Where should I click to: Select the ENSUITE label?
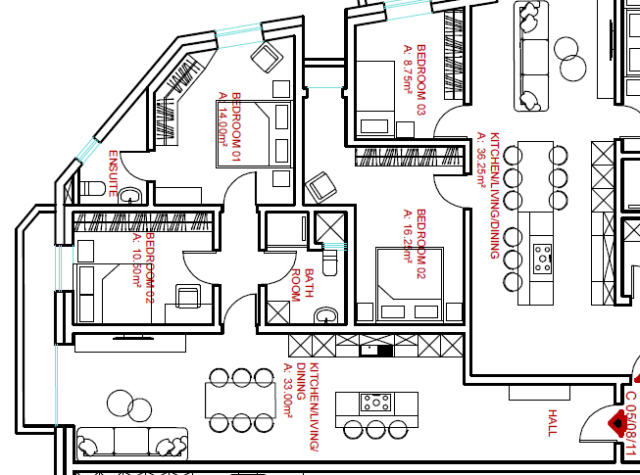114,174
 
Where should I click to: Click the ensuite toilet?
93,187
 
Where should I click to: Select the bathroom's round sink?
327,314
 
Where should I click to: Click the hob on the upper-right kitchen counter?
543,258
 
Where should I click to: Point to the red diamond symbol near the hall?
618,422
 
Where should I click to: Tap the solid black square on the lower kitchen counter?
385,350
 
